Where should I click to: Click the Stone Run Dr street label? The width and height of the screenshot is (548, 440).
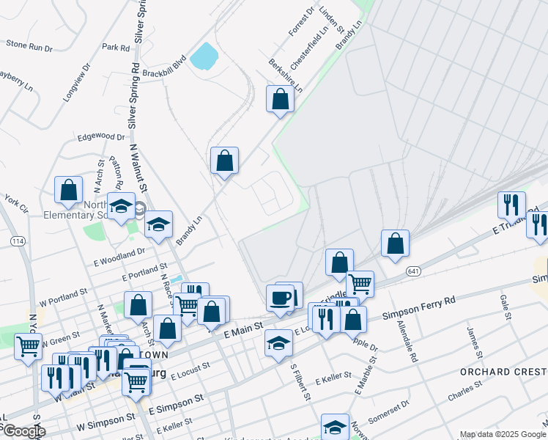pos(29,45)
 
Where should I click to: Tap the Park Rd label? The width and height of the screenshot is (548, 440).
pos(116,47)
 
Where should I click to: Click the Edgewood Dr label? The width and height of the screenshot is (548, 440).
pos(102,136)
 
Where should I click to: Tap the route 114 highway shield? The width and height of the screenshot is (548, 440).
pos(17,241)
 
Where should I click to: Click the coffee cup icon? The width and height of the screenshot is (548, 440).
pos(279,298)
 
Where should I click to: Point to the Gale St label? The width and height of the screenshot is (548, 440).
pos(504,307)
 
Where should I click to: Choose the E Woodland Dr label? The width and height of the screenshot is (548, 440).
pos(119,253)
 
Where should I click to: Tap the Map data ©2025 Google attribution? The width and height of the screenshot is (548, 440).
pos(502,434)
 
